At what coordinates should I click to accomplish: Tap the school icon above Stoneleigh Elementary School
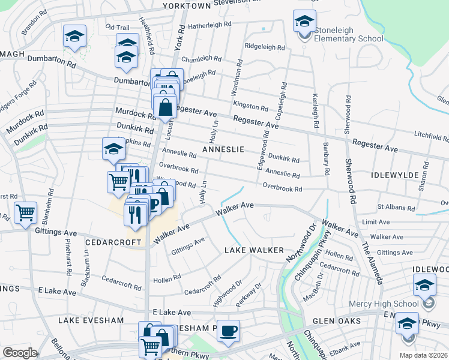click(x=304, y=22)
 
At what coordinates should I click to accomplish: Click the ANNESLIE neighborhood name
click(x=223, y=149)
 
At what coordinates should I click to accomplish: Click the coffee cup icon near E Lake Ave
click(x=228, y=331)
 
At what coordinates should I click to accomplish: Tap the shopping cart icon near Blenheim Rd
click(x=25, y=212)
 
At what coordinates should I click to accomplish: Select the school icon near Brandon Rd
click(x=75, y=36)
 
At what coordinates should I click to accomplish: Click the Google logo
click(x=20, y=352)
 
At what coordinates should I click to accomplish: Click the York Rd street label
click(x=178, y=38)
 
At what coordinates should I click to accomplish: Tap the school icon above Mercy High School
click(x=424, y=284)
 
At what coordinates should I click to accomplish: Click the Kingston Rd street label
click(x=251, y=107)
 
